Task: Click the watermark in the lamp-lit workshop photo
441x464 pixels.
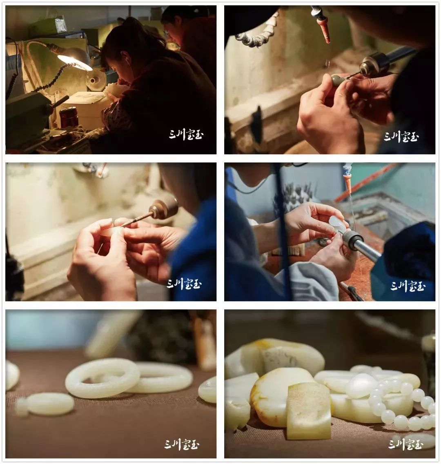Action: (186, 135)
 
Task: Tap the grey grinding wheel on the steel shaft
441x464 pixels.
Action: (352, 240)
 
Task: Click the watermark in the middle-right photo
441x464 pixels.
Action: (408, 286)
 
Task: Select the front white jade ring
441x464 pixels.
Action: (102, 378)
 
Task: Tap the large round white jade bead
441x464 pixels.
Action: (361, 386)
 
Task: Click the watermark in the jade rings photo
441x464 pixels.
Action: (182, 444)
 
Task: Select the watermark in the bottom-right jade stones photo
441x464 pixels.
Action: (405, 444)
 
